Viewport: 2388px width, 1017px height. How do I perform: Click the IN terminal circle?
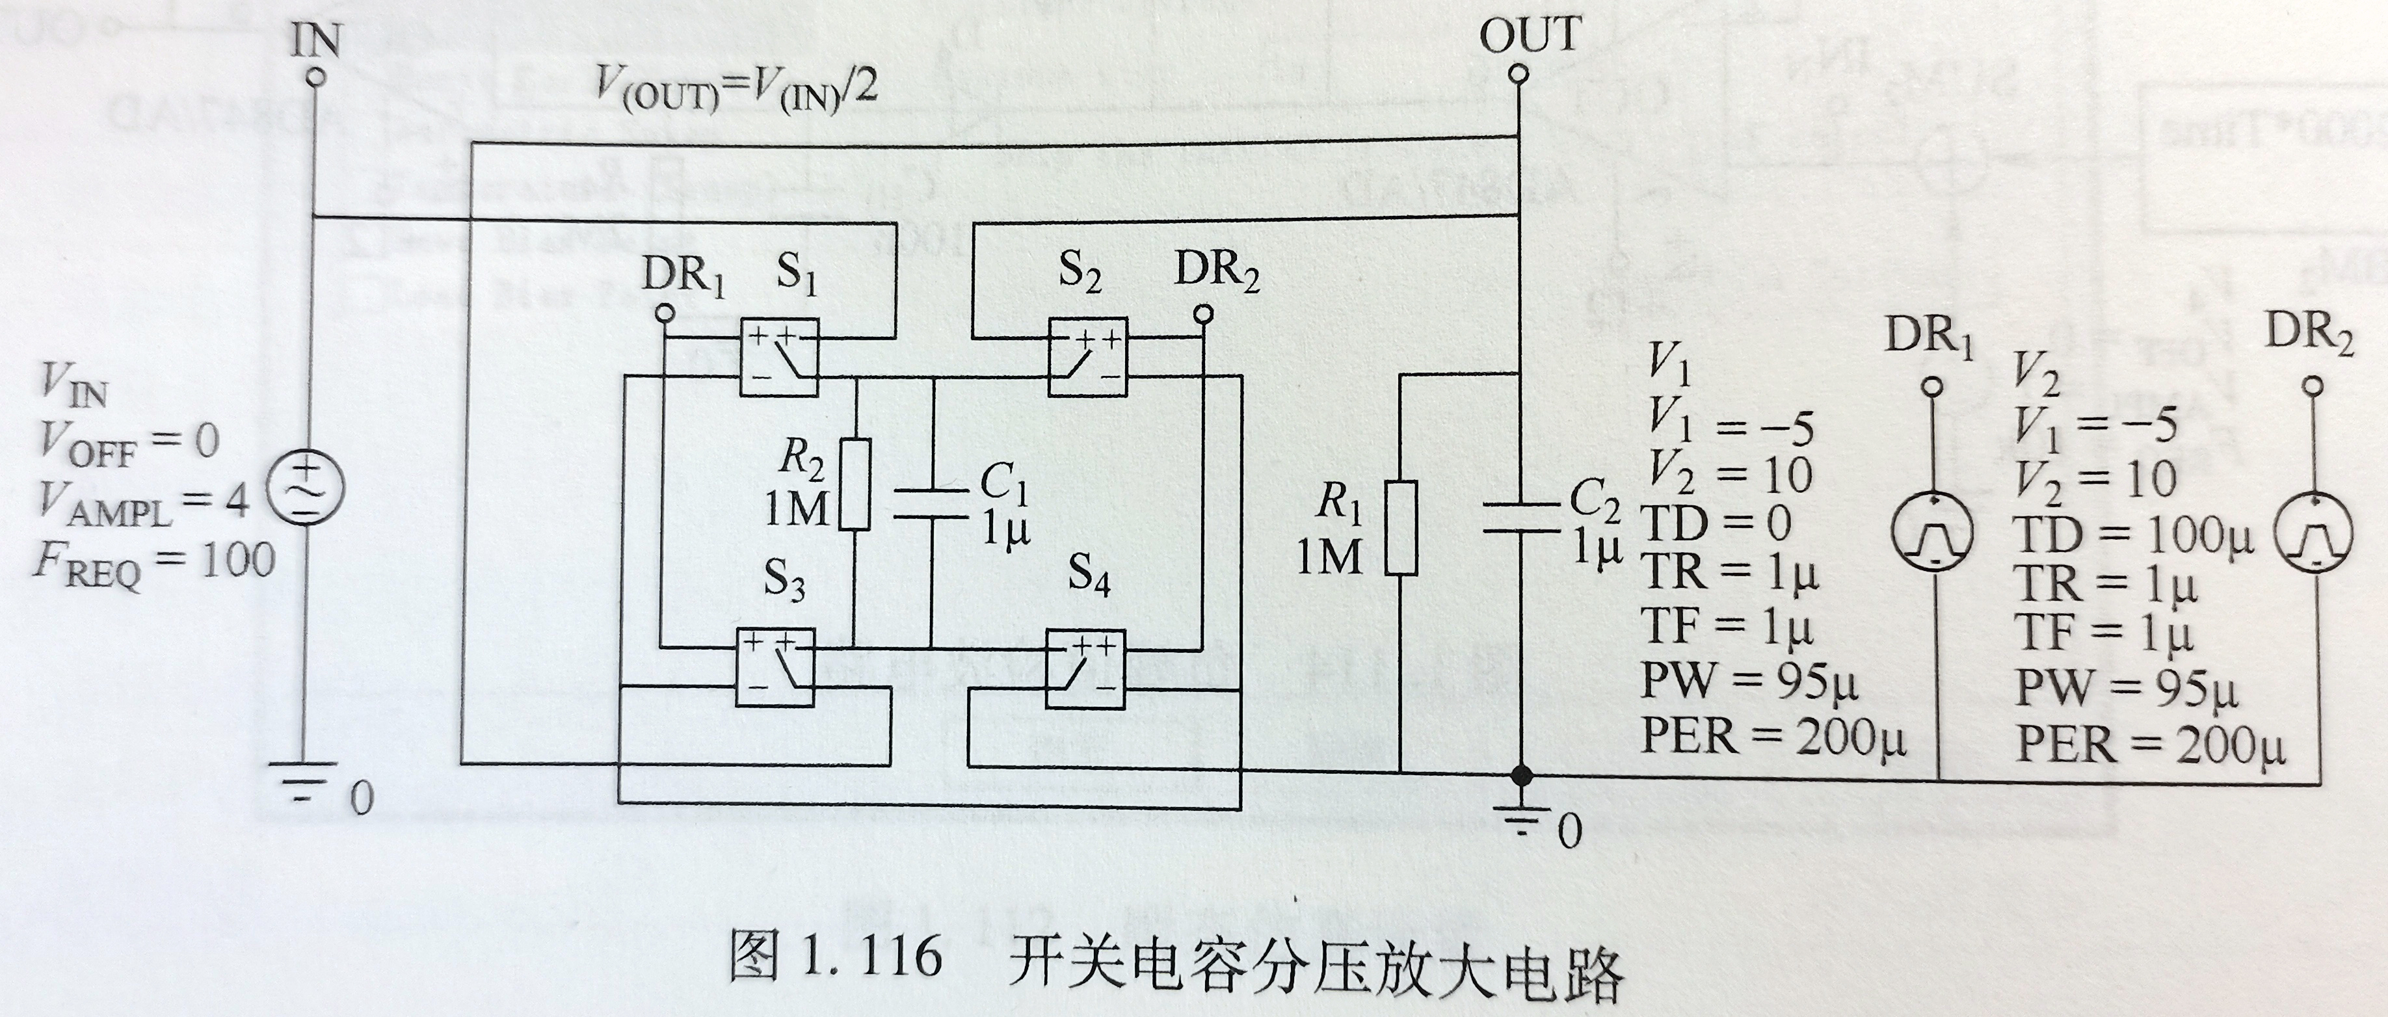[x=316, y=78]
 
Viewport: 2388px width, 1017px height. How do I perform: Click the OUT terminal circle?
[x=1517, y=74]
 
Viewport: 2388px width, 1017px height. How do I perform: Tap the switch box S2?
[x=1087, y=357]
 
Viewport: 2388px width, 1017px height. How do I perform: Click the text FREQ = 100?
[x=155, y=562]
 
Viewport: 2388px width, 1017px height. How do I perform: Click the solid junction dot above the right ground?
[x=1519, y=774]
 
